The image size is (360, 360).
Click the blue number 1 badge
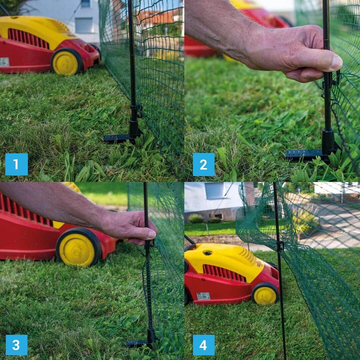[x=16, y=164]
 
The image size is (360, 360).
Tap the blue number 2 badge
[x=204, y=164]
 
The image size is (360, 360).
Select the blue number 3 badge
[x=16, y=345]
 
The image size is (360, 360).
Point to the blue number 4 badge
[x=204, y=345]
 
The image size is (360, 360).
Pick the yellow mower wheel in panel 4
[x=265, y=294]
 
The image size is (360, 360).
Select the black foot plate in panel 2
[x=307, y=155]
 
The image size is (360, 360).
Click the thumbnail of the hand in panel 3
[x=152, y=234]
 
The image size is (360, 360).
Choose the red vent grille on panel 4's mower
[x=224, y=273]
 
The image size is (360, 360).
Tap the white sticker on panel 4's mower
[x=203, y=296]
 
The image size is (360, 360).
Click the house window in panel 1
[x=84, y=25]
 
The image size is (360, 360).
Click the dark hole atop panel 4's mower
[x=208, y=253]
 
